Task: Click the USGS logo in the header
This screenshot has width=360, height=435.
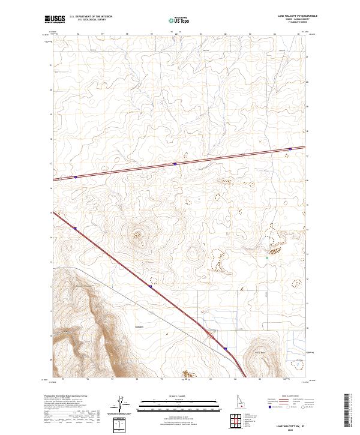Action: (55, 20)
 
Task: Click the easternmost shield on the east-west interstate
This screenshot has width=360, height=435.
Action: (290, 149)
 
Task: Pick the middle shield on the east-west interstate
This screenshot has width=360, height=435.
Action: (175, 163)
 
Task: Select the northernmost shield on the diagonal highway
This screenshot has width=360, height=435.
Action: (76, 227)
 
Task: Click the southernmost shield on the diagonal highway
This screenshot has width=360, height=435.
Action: (226, 348)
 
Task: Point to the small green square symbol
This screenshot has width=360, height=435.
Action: (267, 258)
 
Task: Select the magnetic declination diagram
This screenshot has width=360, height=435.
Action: (119, 405)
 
